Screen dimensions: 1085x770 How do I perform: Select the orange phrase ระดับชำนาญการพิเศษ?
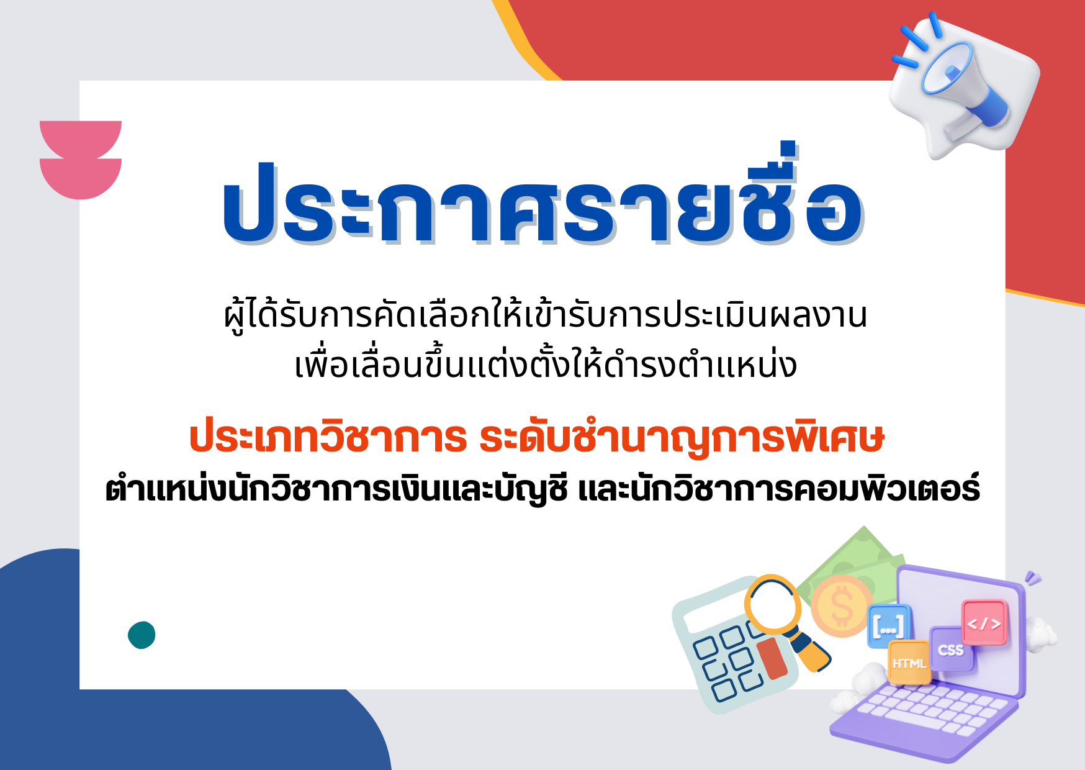pyautogui.click(x=682, y=437)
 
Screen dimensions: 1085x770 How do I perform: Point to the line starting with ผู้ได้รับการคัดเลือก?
pyautogui.click(x=546, y=315)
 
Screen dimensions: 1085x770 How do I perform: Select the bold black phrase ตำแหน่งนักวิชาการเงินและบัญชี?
pyautogui.click(x=336, y=489)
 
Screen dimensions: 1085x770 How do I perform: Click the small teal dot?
pyautogui.click(x=142, y=635)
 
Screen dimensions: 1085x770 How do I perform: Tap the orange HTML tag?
pyautogui.click(x=909, y=663)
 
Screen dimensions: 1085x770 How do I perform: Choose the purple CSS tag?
pyautogui.click(x=952, y=650)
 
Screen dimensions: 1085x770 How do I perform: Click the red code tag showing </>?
pyautogui.click(x=984, y=623)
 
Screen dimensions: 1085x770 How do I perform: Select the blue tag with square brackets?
pyautogui.click(x=889, y=626)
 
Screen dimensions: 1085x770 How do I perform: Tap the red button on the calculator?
pyautogui.click(x=772, y=658)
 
